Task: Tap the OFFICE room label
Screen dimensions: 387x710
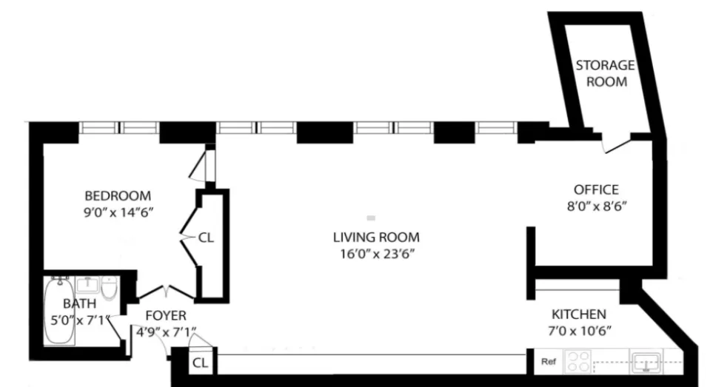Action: point(596,190)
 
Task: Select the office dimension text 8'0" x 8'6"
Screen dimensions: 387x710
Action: point(596,207)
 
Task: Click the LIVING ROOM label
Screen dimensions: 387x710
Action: point(376,238)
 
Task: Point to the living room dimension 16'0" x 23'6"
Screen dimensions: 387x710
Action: point(376,254)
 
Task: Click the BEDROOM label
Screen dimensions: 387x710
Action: point(118,196)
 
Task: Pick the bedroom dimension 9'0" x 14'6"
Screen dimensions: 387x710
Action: point(118,212)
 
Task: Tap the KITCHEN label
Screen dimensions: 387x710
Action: point(577,314)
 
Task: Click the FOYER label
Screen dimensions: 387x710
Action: point(161,316)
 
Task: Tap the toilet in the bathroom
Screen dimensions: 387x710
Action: point(109,288)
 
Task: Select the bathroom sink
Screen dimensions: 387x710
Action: point(87,284)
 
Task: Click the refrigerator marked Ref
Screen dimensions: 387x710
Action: point(549,362)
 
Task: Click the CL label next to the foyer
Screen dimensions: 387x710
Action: point(199,363)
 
